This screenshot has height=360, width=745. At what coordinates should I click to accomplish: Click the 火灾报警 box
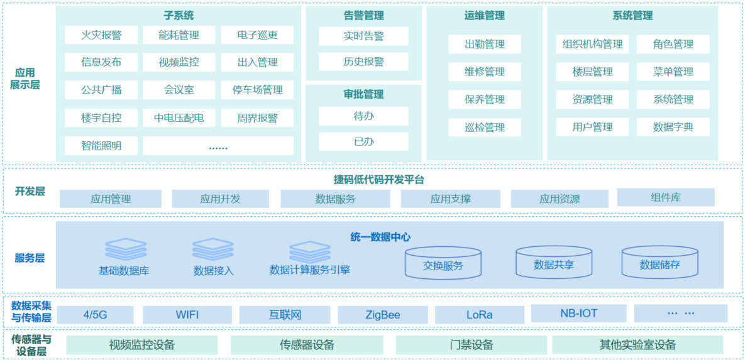(x=101, y=35)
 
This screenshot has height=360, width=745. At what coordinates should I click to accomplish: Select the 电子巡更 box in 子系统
(x=257, y=35)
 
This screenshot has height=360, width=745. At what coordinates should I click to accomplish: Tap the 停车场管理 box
(x=257, y=90)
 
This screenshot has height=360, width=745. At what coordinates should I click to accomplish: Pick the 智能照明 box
(x=101, y=146)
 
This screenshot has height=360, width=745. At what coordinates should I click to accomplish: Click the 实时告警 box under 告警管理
(x=363, y=36)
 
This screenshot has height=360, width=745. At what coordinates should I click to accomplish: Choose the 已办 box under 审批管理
(x=363, y=141)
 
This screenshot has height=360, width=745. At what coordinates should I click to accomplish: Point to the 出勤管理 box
(x=485, y=44)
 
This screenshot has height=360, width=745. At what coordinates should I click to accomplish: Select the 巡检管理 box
(x=485, y=128)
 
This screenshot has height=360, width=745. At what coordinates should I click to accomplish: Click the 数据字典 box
(x=673, y=127)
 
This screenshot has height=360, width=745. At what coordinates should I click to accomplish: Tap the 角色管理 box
(x=673, y=44)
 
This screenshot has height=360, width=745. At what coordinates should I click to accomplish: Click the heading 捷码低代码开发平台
(x=378, y=180)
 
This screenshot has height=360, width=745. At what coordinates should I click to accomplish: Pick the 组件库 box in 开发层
(x=666, y=197)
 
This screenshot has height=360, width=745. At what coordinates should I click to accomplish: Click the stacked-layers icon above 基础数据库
(x=126, y=250)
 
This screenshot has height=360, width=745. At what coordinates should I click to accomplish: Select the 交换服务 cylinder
(x=443, y=263)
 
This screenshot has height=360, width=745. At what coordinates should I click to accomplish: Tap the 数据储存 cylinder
(x=659, y=262)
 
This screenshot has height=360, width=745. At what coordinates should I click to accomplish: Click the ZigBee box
(x=383, y=315)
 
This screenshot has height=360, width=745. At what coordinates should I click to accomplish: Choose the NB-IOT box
(x=578, y=313)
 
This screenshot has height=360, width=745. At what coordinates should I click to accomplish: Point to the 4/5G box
(x=96, y=315)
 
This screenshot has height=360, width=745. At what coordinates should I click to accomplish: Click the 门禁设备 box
(x=472, y=345)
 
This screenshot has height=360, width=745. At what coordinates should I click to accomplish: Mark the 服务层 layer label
(x=30, y=258)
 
